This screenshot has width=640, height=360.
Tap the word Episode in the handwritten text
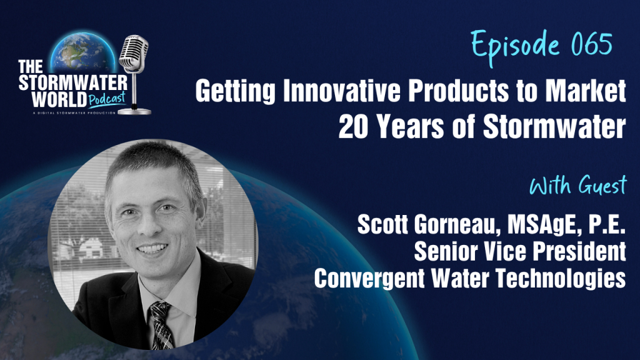(x=515, y=46)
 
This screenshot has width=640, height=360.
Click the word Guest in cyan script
(x=602, y=186)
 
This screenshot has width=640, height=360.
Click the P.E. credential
(x=605, y=224)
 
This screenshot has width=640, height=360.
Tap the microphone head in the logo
(x=134, y=53)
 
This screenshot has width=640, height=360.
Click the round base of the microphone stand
(x=135, y=111)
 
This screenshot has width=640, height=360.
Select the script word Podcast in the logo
(x=106, y=99)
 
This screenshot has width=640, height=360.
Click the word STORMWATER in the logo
(x=73, y=83)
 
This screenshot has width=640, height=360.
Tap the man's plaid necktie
(x=161, y=325)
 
